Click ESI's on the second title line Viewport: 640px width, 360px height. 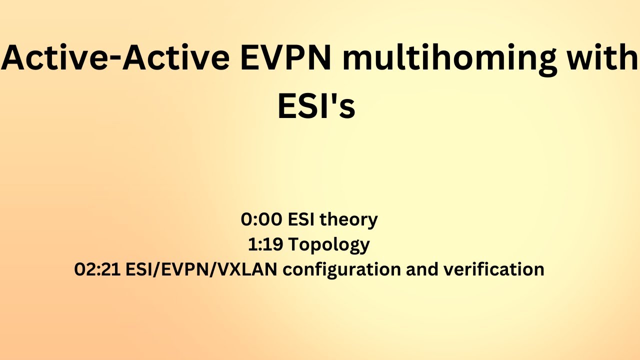(x=316, y=106)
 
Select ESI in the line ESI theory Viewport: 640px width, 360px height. (x=299, y=219)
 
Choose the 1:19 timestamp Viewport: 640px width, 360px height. (x=264, y=244)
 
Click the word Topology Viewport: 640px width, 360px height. (x=328, y=245)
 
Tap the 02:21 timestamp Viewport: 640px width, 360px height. (x=97, y=269)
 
